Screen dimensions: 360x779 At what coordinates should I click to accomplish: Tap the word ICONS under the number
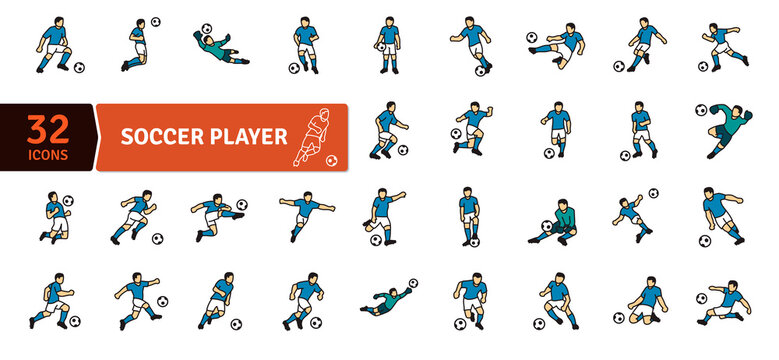click(x=47, y=157)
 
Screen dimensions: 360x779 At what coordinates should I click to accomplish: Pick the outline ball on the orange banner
click(x=331, y=160)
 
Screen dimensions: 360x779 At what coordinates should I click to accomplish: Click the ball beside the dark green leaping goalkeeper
click(x=701, y=110)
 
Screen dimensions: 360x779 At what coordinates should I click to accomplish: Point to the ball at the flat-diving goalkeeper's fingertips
click(x=413, y=283)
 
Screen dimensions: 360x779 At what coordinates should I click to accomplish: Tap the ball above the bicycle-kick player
click(x=653, y=193)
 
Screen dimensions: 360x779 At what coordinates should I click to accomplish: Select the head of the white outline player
click(x=322, y=111)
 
